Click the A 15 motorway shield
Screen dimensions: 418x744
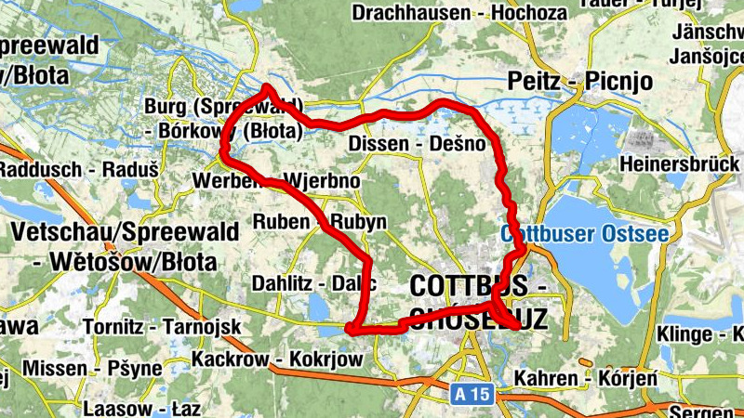pyautogui.click(x=473, y=395)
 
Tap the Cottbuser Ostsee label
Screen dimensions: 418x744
pyautogui.click(x=584, y=233)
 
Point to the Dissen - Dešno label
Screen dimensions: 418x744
pyautogui.click(x=417, y=144)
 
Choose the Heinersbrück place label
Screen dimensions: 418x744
pyautogui.click(x=683, y=164)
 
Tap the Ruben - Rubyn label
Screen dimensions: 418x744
pyautogui.click(x=320, y=223)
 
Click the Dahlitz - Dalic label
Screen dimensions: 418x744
pyautogui.click(x=313, y=283)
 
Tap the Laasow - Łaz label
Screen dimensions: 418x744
pyautogui.click(x=136, y=408)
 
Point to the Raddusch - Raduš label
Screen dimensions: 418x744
pyautogui.click(x=56, y=170)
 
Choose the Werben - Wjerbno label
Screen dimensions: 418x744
pyautogui.click(x=277, y=180)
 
